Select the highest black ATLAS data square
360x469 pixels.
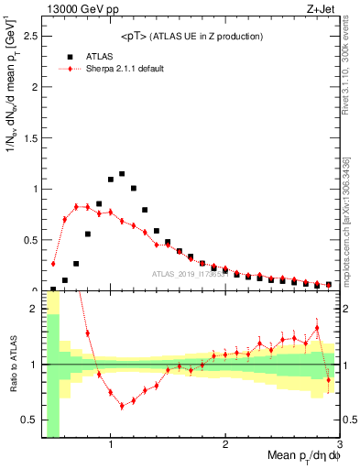coord(122,174)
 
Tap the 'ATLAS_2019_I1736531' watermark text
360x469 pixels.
coord(190,274)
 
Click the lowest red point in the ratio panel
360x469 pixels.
coord(122,406)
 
